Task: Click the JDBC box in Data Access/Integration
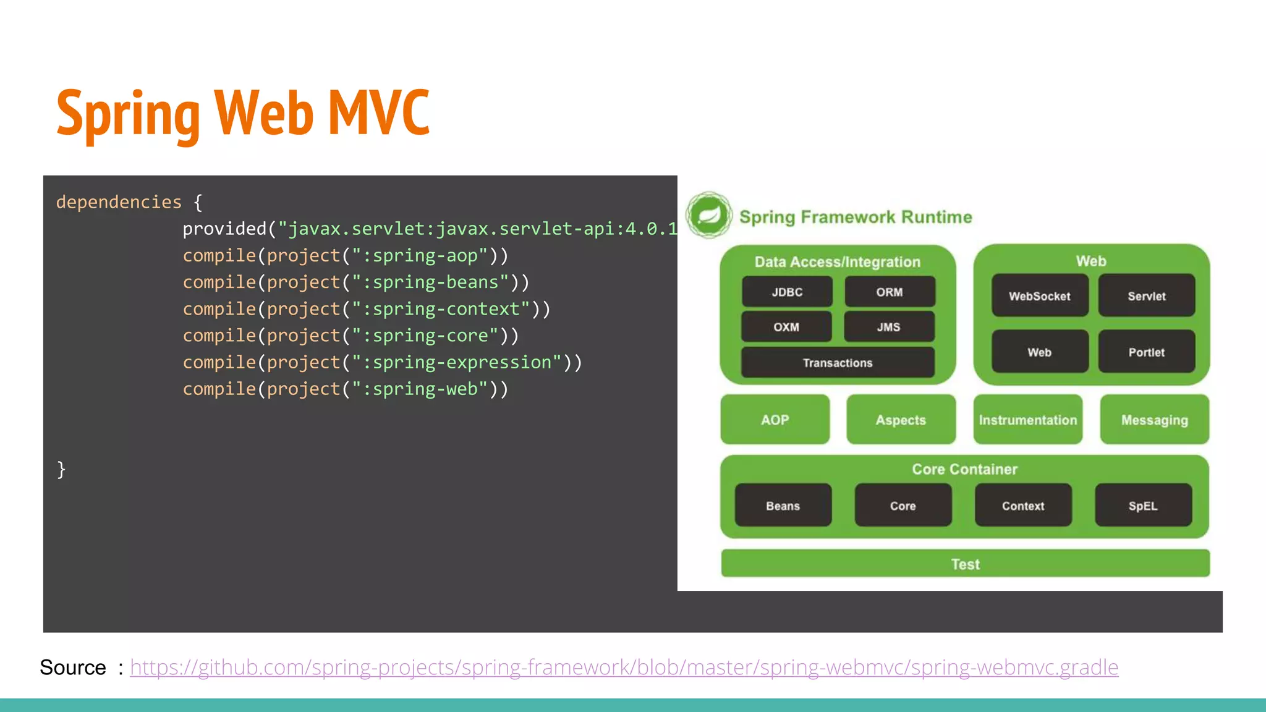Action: click(787, 292)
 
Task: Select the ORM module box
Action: click(890, 292)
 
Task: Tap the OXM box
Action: click(786, 327)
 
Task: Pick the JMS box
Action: click(889, 327)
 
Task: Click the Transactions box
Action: click(838, 363)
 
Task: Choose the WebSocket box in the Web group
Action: click(1040, 296)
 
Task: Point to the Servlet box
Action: click(1147, 296)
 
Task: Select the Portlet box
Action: click(1147, 352)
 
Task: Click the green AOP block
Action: click(775, 420)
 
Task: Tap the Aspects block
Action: click(901, 420)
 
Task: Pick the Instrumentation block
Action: click(1028, 420)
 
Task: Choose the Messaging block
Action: click(1155, 420)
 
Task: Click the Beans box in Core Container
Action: click(783, 506)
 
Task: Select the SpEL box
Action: click(1143, 506)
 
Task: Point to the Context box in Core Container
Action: click(1023, 506)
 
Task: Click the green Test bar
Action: click(965, 564)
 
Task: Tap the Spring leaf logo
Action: click(709, 215)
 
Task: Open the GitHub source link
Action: click(624, 667)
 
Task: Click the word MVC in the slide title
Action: click(378, 112)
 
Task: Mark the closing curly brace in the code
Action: click(61, 470)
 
